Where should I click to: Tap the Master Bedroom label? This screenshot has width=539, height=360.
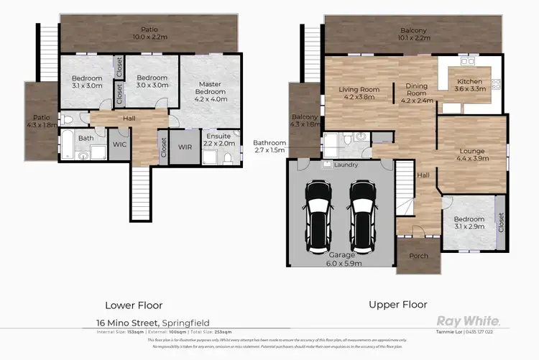[x=211, y=92]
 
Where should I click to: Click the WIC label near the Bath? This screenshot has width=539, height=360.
[x=119, y=144]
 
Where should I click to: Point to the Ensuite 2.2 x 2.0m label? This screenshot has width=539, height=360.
[x=218, y=139]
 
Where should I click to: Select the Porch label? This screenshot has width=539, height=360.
[x=418, y=256]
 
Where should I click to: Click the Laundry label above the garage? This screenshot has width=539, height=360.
[x=346, y=165]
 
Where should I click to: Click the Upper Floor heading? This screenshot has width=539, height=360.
[x=398, y=305]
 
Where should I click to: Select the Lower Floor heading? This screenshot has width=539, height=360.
[x=134, y=305]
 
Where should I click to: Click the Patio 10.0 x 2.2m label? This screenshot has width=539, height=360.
[x=149, y=32]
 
